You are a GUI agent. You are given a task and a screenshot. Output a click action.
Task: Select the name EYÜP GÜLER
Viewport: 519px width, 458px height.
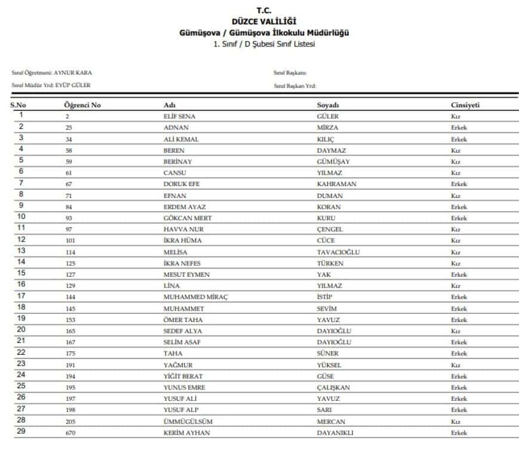[x=73, y=85]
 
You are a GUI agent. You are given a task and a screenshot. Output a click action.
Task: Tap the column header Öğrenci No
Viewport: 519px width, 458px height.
[x=82, y=106]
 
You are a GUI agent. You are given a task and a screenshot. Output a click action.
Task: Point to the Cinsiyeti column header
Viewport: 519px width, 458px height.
[x=465, y=106]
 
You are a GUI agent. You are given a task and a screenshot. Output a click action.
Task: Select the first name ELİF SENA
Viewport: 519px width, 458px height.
[x=179, y=117]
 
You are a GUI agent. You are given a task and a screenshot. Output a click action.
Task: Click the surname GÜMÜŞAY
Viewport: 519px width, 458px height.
[x=333, y=162]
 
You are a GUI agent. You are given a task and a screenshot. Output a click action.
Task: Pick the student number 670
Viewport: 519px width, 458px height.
[x=70, y=433]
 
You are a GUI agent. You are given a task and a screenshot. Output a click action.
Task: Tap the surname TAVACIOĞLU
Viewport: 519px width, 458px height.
[x=338, y=252]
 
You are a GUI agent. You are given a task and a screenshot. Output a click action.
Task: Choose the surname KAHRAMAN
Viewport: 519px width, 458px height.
[x=336, y=184]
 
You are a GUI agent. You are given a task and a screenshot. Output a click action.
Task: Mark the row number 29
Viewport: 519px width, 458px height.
[x=21, y=432]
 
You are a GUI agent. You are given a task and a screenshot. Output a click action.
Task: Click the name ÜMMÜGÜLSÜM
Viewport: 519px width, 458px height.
[x=188, y=422]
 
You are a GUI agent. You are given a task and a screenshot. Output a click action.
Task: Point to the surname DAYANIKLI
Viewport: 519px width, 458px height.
[x=335, y=433]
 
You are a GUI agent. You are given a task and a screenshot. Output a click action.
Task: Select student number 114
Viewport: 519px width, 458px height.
[x=70, y=252]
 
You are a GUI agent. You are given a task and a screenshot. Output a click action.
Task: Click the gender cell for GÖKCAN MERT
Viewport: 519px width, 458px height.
[x=459, y=218]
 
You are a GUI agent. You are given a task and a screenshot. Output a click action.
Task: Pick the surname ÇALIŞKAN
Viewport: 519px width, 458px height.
[x=333, y=388]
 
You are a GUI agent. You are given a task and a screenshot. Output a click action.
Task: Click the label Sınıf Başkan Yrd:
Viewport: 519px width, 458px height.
[x=294, y=85]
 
